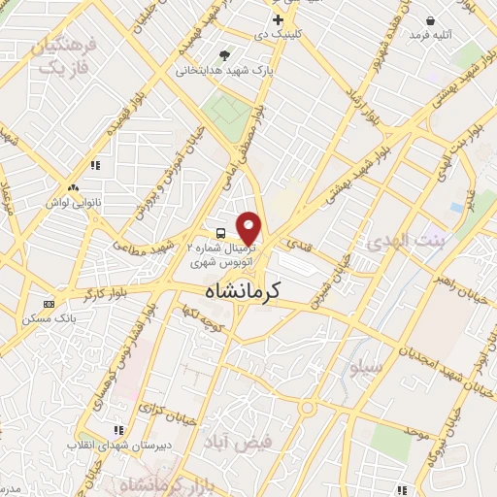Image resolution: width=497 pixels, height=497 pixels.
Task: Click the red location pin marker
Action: coord(250,227)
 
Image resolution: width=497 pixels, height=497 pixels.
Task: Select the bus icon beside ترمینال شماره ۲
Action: coord(221,233)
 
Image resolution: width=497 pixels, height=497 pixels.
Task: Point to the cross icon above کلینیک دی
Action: coord(279,19)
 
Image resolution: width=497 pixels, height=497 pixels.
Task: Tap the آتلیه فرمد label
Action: coord(432,35)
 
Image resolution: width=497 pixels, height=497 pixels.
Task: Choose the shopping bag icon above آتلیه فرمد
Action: coord(430,20)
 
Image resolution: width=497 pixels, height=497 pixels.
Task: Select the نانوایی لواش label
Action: coord(74,204)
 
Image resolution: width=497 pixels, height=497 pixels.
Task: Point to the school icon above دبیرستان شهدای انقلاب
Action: coord(117,429)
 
